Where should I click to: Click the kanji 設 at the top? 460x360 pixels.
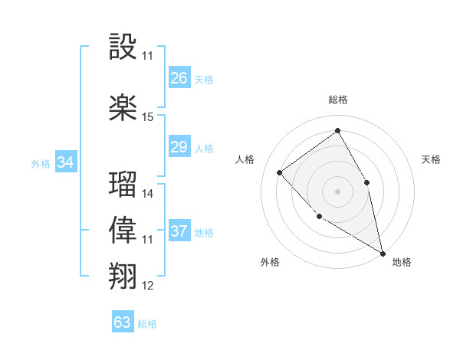coord(123,48)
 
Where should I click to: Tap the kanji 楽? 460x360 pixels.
coord(123,108)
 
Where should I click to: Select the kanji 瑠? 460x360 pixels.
coord(123,185)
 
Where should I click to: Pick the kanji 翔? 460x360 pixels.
coord(123,276)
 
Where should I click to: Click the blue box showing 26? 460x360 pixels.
coord(179,78)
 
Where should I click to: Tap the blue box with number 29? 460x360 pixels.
coord(179,147)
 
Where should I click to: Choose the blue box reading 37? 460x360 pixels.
coord(179,231)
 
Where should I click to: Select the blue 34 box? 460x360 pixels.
coord(66,162)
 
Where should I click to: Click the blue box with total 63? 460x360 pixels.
coord(123,322)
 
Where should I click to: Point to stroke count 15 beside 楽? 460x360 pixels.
coord(148,117)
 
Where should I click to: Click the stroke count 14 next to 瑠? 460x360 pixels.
coord(148,194)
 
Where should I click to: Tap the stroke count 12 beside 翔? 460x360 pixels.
coord(148,286)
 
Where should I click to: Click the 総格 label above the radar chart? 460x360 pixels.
coord(337,100)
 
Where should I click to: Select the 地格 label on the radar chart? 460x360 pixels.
coord(402,263)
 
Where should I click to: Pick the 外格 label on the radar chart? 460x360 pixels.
coord(270,263)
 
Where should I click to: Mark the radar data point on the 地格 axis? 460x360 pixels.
coord(383,254)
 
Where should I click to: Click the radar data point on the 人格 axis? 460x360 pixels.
coord(280,172)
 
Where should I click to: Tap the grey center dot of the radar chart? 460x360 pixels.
coord(337,191)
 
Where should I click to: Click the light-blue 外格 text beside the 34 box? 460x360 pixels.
coord(41,163)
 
